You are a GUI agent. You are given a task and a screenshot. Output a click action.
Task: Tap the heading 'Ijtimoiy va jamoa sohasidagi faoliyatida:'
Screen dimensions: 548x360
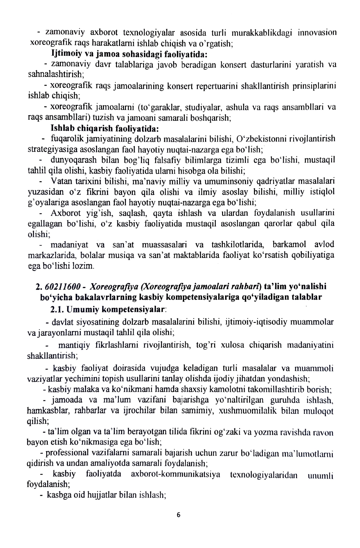pyautogui.click(x=129, y=53)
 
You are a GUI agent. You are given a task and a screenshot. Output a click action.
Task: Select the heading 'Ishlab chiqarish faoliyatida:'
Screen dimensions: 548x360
pyautogui.click(x=104, y=128)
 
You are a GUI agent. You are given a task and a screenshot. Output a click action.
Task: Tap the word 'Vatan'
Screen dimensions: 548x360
pyautogui.click(x=60, y=181)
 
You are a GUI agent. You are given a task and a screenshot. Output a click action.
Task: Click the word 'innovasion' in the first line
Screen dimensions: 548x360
pyautogui.click(x=317, y=33)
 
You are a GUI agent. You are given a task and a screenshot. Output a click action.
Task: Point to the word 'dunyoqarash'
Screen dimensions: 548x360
pyautogui.click(x=72, y=160)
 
